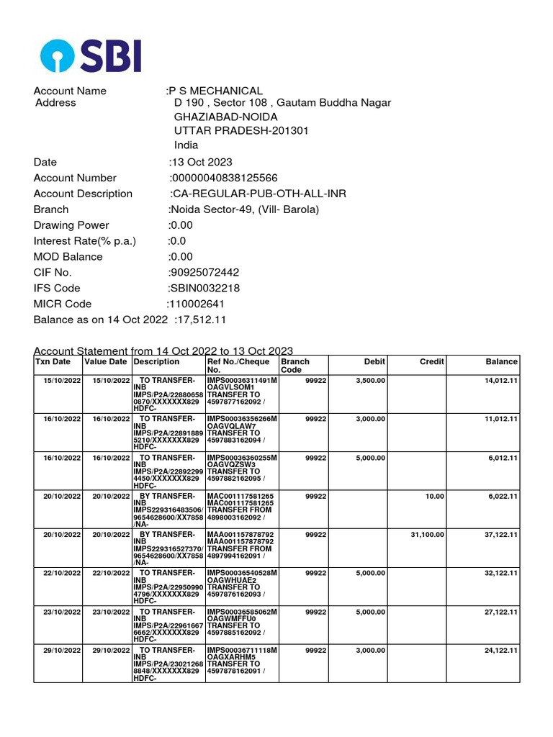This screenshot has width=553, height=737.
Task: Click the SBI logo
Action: point(91,55)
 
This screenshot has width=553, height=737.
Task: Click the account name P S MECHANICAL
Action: point(215,91)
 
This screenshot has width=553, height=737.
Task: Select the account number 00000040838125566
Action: point(224,178)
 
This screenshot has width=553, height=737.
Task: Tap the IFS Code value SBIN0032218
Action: point(204,288)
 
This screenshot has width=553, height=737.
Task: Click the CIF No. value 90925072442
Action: point(204,272)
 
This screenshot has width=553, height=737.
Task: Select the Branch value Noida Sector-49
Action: point(243,209)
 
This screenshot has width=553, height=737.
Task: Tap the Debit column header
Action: point(374,362)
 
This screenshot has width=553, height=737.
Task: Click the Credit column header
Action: point(431,362)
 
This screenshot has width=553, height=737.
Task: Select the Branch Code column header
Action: point(296,366)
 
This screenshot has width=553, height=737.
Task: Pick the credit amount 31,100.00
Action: point(427,535)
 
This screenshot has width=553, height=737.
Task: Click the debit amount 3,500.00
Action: point(370,380)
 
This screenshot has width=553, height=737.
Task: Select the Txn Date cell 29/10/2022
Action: point(62,651)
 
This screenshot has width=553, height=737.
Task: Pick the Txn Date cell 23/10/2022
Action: point(62,612)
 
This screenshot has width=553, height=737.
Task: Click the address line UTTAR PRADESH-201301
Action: point(241,130)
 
